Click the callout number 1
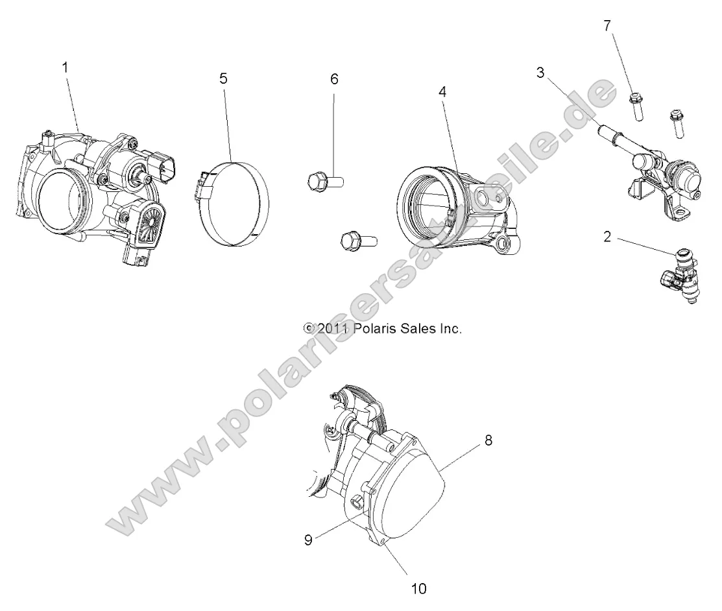tap(64, 67)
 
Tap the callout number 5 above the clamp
tap(223, 79)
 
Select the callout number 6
tap(334, 80)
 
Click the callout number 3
tap(540, 72)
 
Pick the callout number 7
tap(607, 26)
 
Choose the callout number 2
tap(607, 237)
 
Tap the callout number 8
tap(488, 440)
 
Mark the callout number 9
tap(308, 539)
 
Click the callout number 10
tap(418, 588)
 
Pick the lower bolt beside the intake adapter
tap(355, 242)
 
